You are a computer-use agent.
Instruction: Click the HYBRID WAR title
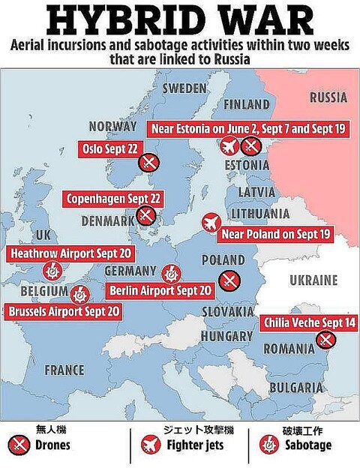coord(180,19)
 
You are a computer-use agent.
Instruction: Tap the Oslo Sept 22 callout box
coord(108,148)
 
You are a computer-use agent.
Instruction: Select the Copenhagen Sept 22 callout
coord(115,199)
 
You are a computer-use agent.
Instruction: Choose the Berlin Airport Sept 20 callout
coord(160,290)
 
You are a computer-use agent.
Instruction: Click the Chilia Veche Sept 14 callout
coord(309,323)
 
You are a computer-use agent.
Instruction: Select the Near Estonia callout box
coord(248,128)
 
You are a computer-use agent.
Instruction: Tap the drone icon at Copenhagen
coord(147,217)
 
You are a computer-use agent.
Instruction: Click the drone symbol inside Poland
coord(229,281)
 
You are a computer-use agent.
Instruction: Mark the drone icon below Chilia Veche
coord(325,340)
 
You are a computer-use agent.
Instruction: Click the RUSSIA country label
coord(328,97)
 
